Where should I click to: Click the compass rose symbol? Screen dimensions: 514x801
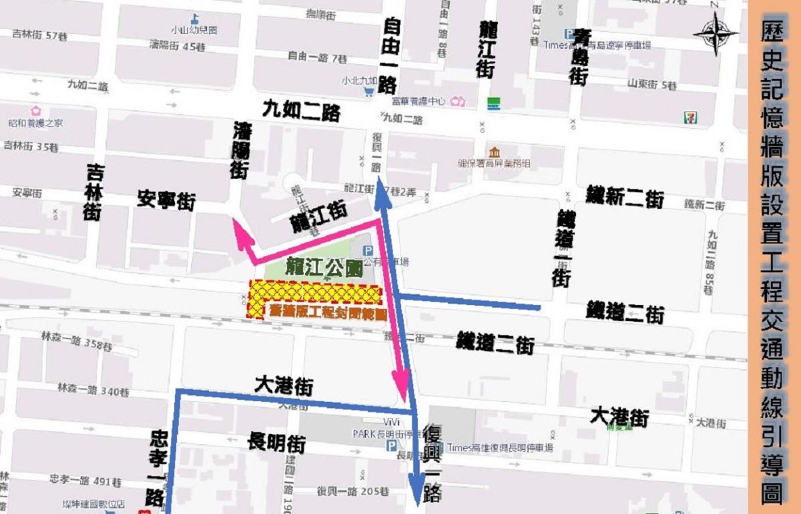715,33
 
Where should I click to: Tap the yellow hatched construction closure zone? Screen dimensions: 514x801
314,294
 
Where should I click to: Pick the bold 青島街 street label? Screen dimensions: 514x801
577,57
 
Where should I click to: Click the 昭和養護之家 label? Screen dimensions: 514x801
45,123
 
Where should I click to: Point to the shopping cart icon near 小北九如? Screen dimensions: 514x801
368,93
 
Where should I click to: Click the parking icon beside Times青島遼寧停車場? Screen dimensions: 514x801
568,34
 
